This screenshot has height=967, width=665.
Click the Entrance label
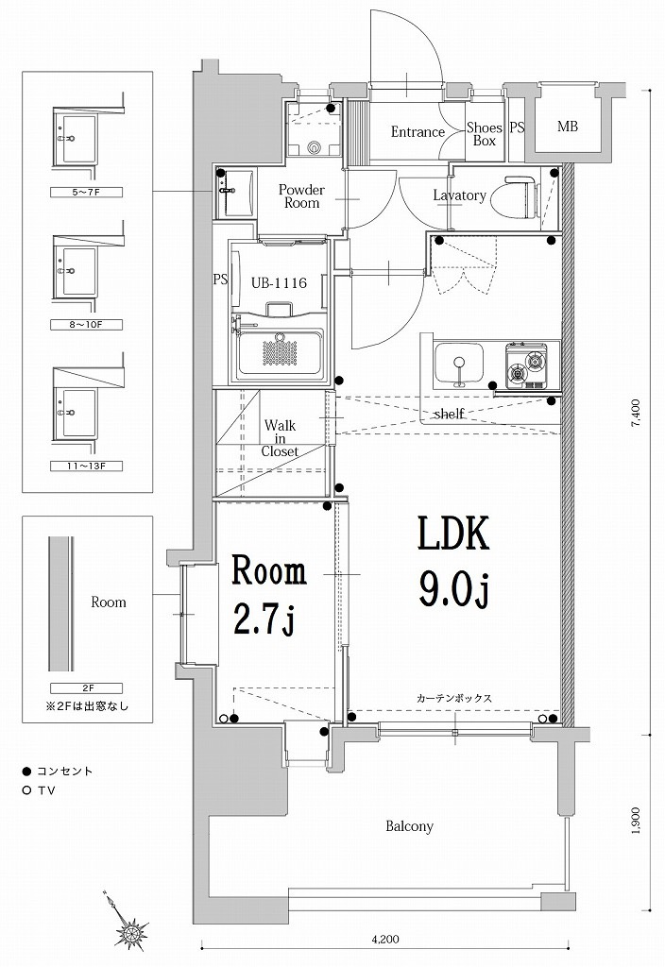(x=418, y=132)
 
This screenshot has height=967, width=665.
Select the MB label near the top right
(x=567, y=127)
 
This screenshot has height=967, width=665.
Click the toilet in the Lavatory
(x=520, y=195)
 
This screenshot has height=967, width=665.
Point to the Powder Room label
(x=300, y=195)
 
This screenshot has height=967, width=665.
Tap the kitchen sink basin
(x=458, y=363)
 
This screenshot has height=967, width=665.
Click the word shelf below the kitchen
(x=448, y=414)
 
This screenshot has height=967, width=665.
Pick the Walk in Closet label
(x=280, y=438)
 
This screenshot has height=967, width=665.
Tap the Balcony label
(x=409, y=826)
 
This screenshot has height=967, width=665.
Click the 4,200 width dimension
(x=384, y=939)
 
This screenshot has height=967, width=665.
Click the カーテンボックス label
(x=454, y=698)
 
